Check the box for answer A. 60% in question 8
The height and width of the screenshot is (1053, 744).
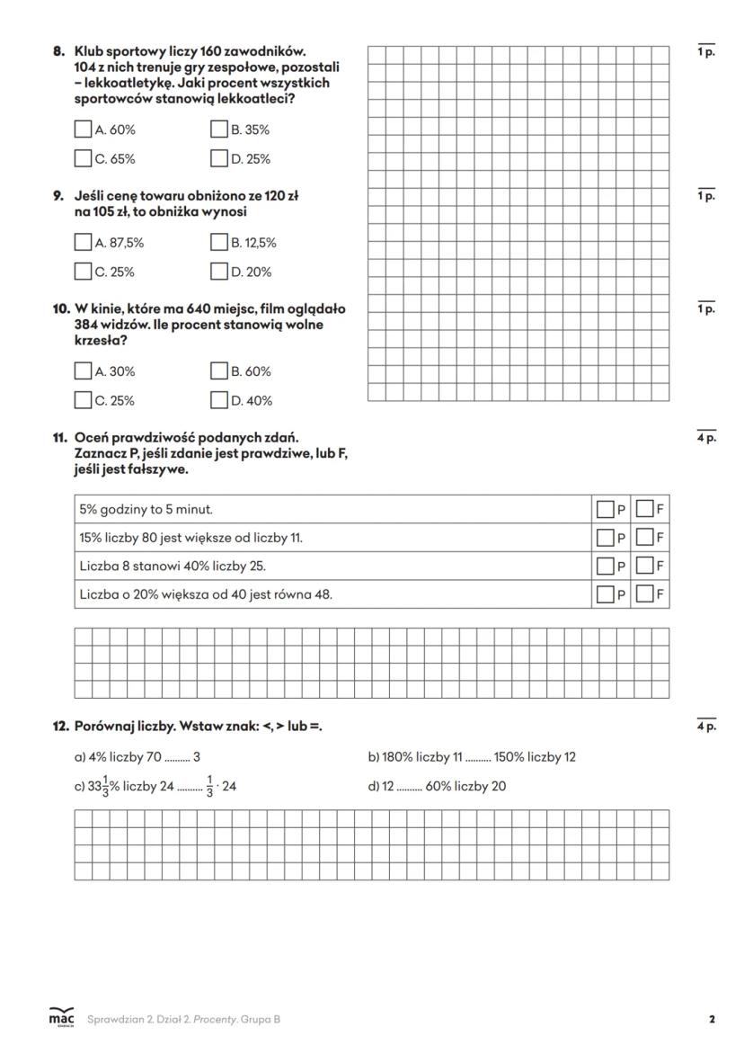pyautogui.click(x=84, y=129)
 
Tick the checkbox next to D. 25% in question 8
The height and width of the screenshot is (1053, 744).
pyautogui.click(x=219, y=159)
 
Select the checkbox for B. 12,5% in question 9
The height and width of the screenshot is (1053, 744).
pyautogui.click(x=219, y=242)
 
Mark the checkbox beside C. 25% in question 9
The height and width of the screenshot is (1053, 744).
pyautogui.click(x=84, y=272)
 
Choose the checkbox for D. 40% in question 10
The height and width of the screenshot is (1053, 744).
pyautogui.click(x=219, y=400)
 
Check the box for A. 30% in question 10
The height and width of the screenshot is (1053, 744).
pyautogui.click(x=84, y=370)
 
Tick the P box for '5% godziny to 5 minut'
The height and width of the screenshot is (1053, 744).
pyautogui.click(x=606, y=510)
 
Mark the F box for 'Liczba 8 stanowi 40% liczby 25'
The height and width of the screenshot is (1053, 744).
pyautogui.click(x=644, y=567)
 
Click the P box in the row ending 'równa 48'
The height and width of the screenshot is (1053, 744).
pyautogui.click(x=606, y=594)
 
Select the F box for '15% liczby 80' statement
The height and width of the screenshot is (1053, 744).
pyautogui.click(x=644, y=538)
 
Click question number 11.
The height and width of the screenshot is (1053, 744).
pyautogui.click(x=59, y=438)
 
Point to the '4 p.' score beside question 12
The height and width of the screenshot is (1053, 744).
pyautogui.click(x=706, y=727)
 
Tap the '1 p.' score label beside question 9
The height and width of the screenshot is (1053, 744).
pyautogui.click(x=706, y=196)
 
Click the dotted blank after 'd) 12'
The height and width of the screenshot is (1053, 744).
pyautogui.click(x=409, y=788)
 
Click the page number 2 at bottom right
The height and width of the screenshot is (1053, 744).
pyautogui.click(x=712, y=1020)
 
